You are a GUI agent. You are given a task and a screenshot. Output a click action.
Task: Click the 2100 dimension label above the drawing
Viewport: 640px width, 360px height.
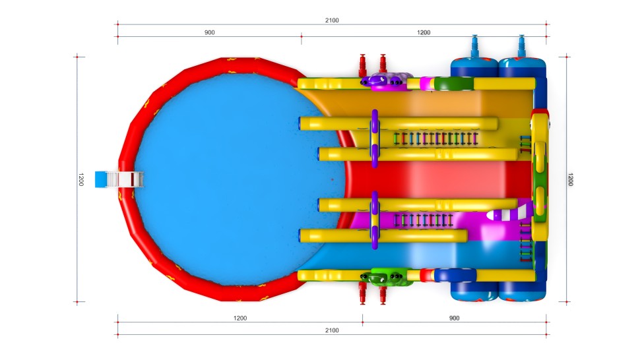[x=332, y=20]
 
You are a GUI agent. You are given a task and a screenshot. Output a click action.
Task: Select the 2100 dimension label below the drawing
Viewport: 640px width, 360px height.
[x=332, y=330]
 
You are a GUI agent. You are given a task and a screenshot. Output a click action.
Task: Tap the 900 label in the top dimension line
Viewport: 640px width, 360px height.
[x=209, y=32]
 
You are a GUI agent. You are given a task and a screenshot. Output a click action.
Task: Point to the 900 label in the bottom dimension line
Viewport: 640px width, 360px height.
[x=455, y=318]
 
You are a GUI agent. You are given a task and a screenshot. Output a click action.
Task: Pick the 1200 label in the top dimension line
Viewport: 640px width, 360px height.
[x=424, y=32]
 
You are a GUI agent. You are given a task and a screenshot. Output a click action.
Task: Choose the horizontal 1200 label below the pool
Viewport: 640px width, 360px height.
[x=240, y=318]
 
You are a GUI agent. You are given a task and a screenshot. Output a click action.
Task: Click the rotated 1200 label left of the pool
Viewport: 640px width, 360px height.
[x=80, y=179]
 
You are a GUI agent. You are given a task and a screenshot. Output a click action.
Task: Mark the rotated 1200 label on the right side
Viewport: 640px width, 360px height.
[x=571, y=179]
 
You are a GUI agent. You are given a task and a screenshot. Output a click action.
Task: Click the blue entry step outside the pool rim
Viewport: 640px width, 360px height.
[x=100, y=179]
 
